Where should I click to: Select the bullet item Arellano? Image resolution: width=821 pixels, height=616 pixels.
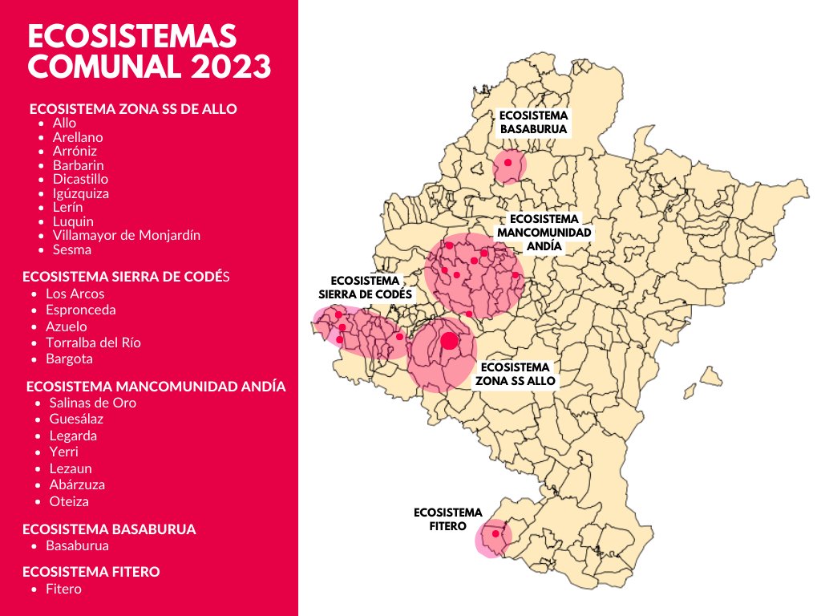(x=78, y=137)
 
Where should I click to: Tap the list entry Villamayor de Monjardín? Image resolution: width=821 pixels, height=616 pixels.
(x=126, y=235)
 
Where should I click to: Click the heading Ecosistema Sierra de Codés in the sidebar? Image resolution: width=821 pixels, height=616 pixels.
(x=127, y=277)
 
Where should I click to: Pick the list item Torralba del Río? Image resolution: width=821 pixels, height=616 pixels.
(x=93, y=342)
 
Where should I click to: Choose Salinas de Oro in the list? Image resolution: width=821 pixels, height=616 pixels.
(x=92, y=403)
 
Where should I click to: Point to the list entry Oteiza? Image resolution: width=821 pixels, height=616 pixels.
(x=69, y=501)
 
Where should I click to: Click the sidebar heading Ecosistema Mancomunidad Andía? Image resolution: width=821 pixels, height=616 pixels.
(x=156, y=386)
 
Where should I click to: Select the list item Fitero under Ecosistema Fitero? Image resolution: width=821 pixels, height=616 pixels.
(x=63, y=589)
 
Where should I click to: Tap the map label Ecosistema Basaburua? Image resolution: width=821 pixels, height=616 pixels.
(x=533, y=122)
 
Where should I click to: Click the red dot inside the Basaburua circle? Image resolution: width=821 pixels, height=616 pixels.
(x=508, y=162)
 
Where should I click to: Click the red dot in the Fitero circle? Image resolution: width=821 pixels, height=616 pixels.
(x=495, y=533)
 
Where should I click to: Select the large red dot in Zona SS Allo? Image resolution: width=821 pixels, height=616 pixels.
(x=449, y=341)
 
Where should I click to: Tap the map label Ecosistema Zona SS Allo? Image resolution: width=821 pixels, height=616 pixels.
(x=517, y=374)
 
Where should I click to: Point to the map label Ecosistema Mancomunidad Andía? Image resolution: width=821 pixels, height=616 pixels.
(x=544, y=233)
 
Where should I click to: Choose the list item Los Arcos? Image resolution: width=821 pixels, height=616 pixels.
(x=75, y=294)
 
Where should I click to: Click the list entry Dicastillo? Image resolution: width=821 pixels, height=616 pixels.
(x=80, y=179)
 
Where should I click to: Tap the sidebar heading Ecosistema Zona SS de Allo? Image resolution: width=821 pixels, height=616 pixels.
(x=133, y=109)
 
